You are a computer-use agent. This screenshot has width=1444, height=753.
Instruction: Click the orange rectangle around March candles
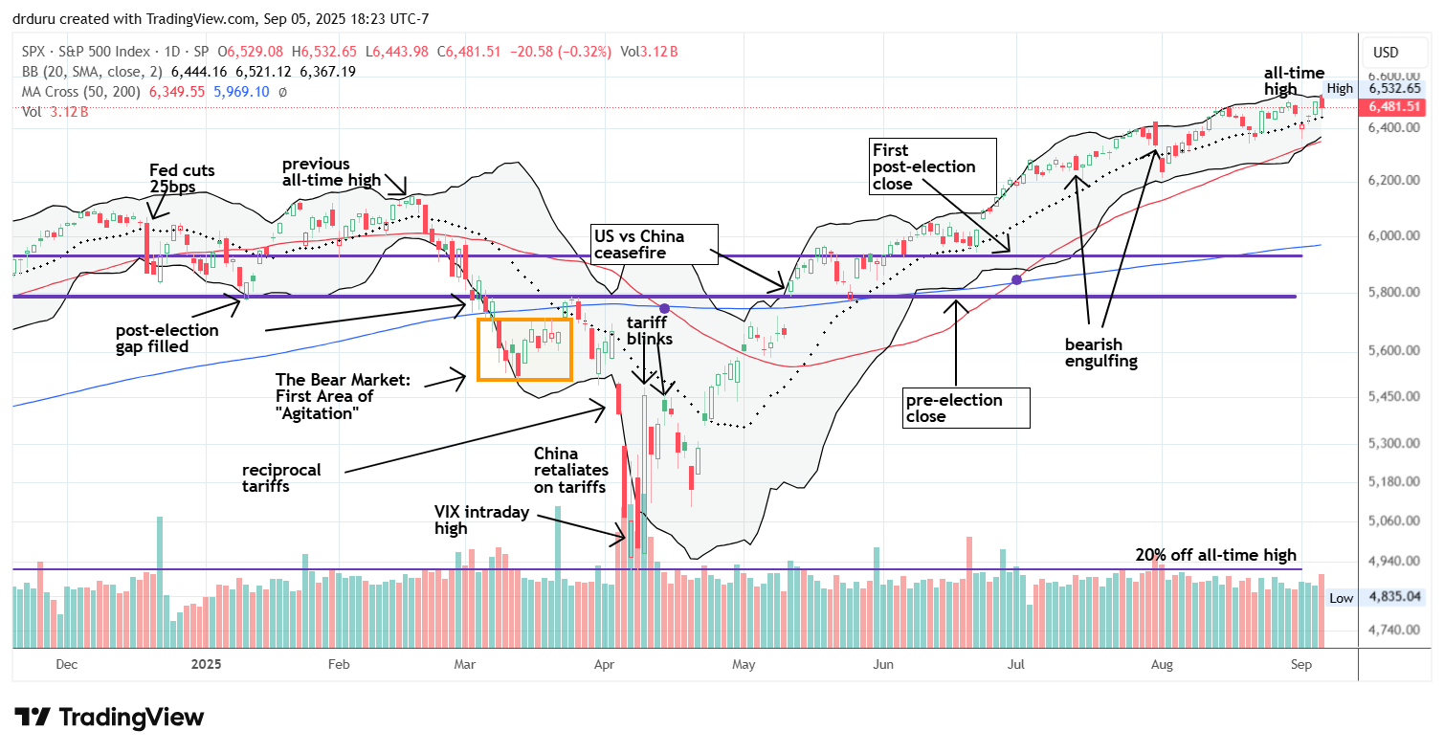click(x=524, y=349)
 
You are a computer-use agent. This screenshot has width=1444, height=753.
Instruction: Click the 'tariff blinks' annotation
click(x=650, y=330)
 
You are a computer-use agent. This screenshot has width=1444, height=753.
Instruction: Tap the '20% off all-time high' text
click(x=1215, y=555)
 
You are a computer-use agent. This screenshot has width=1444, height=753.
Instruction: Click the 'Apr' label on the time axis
click(x=605, y=662)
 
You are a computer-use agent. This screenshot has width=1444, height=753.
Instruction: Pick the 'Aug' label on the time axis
click(x=1162, y=662)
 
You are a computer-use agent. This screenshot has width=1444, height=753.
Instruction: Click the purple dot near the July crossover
click(x=1016, y=279)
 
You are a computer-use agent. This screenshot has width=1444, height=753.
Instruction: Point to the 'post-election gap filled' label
click(x=167, y=337)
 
